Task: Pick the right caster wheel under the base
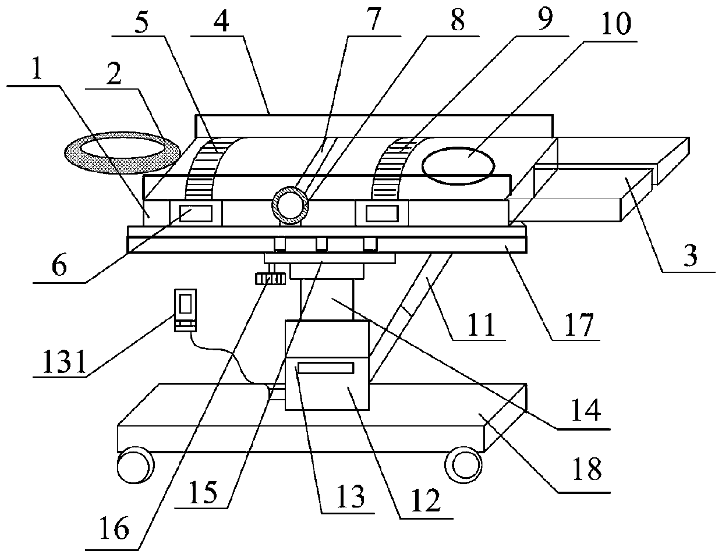[465, 464]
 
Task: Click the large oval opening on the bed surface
[459, 164]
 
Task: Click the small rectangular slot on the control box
[325, 368]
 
